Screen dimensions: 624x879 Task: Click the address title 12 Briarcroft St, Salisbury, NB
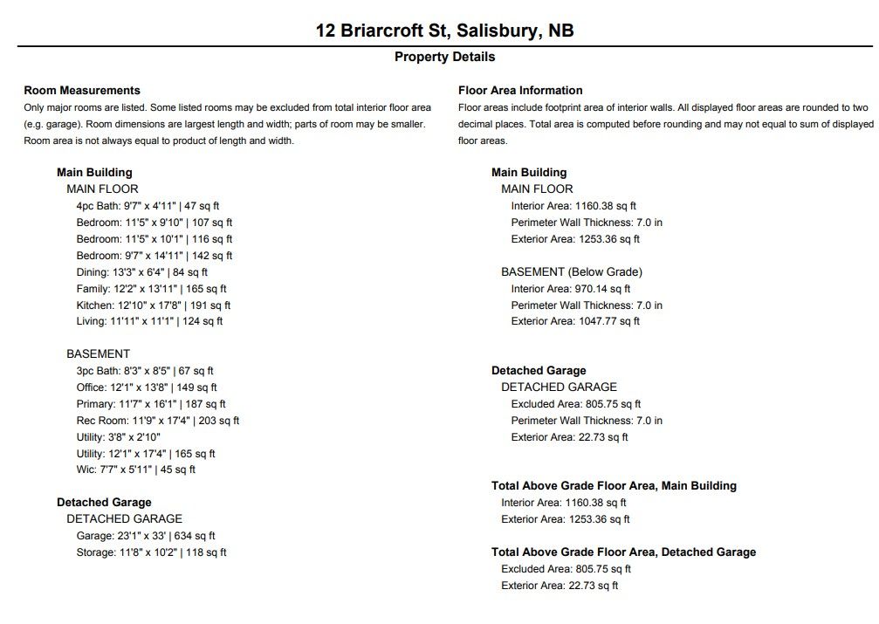444,31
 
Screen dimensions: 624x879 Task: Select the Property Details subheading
444,57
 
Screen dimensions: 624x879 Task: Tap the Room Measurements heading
82,90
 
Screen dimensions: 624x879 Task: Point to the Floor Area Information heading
520,90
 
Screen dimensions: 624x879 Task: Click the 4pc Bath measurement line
148,206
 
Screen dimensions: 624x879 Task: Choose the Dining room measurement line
142,272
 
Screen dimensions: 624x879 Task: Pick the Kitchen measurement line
154,305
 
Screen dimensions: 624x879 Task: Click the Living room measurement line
149,321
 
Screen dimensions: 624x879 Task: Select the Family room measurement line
151,289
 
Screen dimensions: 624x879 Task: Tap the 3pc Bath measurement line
145,371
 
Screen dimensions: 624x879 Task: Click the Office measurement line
147,387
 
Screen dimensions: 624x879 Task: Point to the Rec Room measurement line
158,421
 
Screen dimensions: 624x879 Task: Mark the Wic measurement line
136,470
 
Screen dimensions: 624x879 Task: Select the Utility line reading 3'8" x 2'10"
119,437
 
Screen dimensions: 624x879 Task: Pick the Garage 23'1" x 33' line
146,536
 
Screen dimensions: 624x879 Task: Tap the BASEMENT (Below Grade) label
572,272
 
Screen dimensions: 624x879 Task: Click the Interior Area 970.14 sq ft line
571,289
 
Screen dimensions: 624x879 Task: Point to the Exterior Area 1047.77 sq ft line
575,321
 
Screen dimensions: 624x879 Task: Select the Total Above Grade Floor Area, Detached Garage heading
623,552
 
